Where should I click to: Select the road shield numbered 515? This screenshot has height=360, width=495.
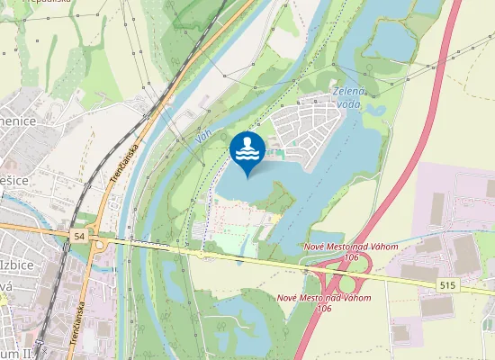pyautogui.click(x=447, y=283)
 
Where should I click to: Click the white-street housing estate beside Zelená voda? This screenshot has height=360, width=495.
pyautogui.click(x=301, y=130)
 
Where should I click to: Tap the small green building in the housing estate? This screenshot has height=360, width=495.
pyautogui.click(x=279, y=153)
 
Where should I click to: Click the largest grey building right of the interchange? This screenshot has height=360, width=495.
pyautogui.click(x=466, y=251)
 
